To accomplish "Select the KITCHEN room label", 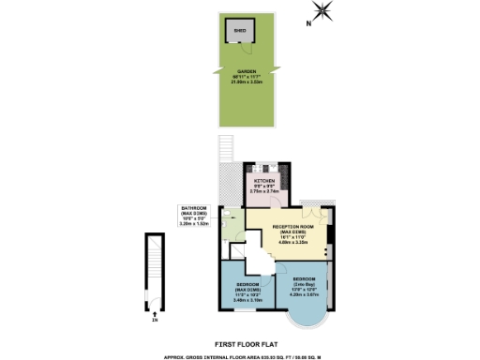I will [x=265, y=179].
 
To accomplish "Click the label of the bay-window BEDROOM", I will [x=308, y=279].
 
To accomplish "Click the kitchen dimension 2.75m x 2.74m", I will [x=265, y=190].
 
